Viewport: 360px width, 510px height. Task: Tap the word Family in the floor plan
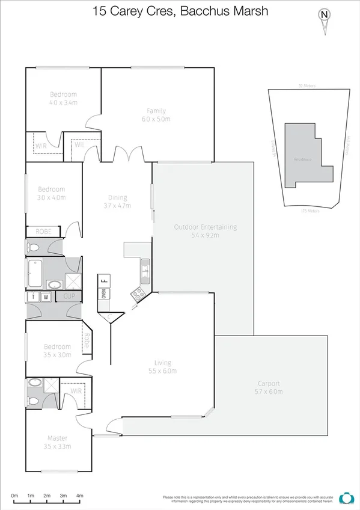click(x=156, y=111)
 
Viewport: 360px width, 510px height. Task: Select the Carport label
click(x=269, y=383)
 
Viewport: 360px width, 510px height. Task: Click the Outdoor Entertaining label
click(x=205, y=227)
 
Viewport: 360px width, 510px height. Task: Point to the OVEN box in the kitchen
click(x=104, y=293)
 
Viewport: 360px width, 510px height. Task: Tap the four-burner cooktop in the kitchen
click(x=138, y=294)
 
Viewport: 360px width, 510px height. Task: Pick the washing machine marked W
click(x=45, y=296)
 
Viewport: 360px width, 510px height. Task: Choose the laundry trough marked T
click(x=32, y=296)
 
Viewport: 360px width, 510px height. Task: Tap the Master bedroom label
click(x=58, y=438)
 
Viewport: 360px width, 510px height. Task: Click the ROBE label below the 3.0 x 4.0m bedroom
click(x=43, y=231)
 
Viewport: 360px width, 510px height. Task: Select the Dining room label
click(x=117, y=197)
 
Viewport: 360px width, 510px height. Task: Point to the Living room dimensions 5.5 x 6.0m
click(x=162, y=371)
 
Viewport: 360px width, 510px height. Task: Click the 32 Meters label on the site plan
click(x=307, y=86)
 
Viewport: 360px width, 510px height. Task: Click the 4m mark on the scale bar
click(x=80, y=497)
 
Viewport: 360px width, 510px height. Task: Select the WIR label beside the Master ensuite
click(x=76, y=390)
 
